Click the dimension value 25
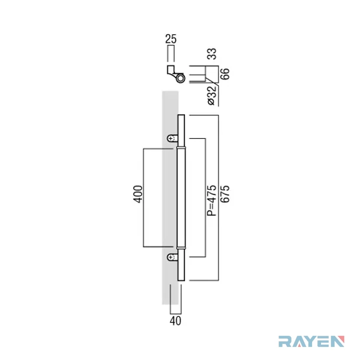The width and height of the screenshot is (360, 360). (171, 39)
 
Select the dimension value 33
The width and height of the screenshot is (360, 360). (212, 54)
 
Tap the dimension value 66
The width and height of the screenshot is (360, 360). (225, 74)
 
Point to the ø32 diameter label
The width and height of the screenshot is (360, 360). (212, 96)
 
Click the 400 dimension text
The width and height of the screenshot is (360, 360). (138, 194)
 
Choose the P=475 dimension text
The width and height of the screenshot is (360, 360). (212, 200)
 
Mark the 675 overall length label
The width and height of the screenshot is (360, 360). (225, 194)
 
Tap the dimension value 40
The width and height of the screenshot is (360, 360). (176, 321)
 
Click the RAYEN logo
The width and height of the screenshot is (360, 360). (312, 341)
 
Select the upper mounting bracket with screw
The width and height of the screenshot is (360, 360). (173, 138)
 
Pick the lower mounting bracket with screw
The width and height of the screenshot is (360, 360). (173, 257)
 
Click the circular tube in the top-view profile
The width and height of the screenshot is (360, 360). (180, 78)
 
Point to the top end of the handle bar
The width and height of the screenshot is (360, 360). (181, 115)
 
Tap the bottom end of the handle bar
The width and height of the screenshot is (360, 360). (181, 280)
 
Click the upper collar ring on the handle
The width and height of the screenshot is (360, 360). (181, 147)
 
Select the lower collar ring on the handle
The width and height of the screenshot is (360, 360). (181, 248)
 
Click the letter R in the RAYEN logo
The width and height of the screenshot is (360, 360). (285, 341)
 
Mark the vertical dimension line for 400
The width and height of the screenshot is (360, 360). (144, 198)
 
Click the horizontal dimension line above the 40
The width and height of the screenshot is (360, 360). (176, 314)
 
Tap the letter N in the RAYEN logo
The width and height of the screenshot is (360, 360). (338, 341)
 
